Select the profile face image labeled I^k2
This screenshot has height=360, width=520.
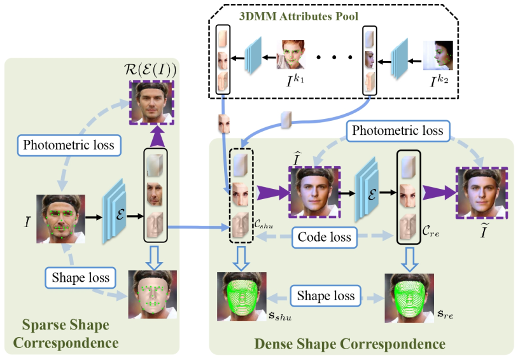pyautogui.click(x=438, y=55)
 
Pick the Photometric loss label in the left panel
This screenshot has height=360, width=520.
pyautogui.click(x=69, y=145)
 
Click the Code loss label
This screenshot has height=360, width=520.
pyautogui.click(x=325, y=238)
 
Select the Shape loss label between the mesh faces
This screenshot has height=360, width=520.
pyautogui.click(x=325, y=296)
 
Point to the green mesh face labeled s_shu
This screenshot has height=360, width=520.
pyautogui.click(x=241, y=297)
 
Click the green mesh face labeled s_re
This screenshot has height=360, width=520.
pyautogui.click(x=408, y=297)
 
